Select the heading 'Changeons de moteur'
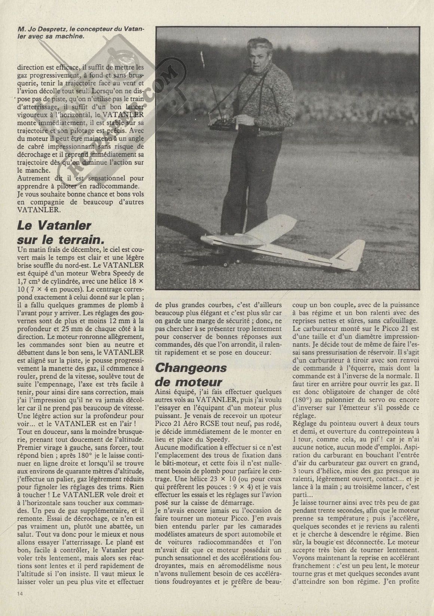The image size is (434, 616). [x=191, y=374]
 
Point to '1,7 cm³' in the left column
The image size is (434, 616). [x=30, y=281]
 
